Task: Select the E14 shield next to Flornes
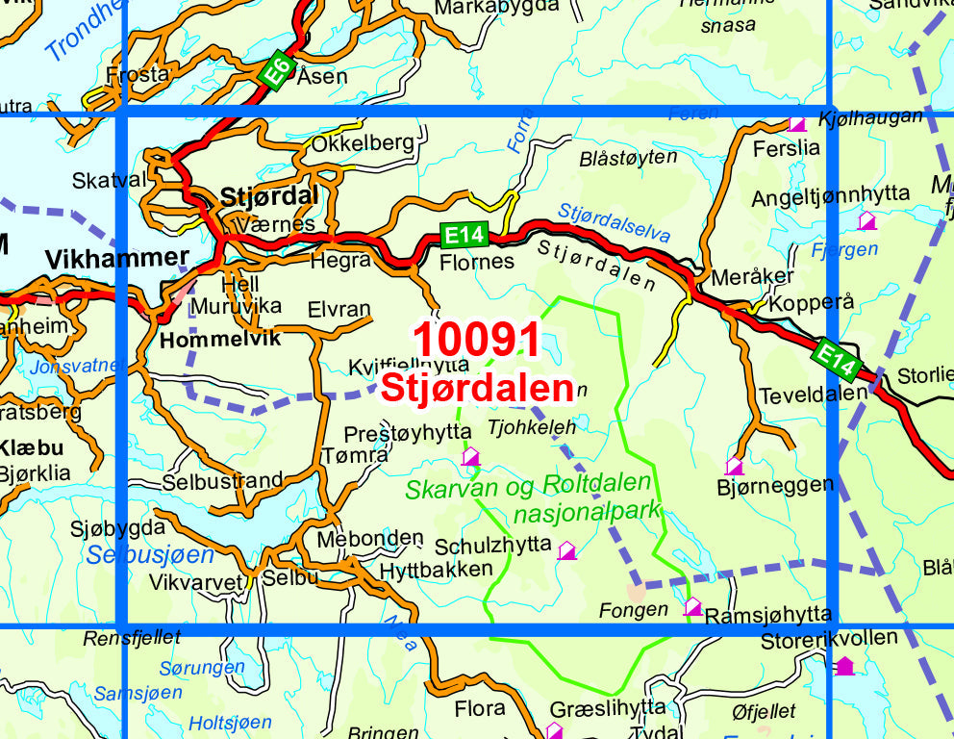(x=465, y=234)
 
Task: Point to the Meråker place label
(x=752, y=276)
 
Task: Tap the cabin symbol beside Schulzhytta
(x=567, y=550)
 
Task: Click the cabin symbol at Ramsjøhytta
(x=692, y=606)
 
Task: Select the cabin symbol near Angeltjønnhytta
(x=866, y=220)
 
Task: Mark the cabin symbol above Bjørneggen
(x=735, y=466)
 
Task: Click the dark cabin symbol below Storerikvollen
(x=843, y=665)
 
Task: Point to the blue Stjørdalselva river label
(x=614, y=223)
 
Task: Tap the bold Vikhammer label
(x=117, y=258)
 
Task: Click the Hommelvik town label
(x=207, y=339)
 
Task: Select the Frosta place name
(x=138, y=74)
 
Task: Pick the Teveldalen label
(x=799, y=395)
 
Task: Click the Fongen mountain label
(x=632, y=609)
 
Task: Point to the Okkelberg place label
(x=363, y=143)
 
